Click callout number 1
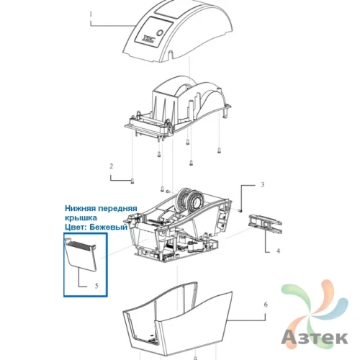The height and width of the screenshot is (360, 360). point(91,14)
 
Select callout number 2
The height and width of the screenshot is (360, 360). point(111,166)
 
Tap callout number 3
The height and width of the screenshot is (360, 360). point(263,184)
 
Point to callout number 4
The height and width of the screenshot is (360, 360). point(278,251)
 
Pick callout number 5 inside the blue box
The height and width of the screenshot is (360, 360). point(96,286)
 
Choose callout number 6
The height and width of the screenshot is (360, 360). point(266,305)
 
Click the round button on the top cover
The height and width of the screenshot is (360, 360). point(161,33)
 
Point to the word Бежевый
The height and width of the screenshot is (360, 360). point(109,227)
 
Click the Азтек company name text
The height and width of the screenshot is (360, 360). point(315,337)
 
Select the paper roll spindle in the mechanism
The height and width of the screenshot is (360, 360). point(191,199)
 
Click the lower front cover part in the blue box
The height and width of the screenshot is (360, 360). point(81,254)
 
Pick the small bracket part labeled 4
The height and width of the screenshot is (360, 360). point(265,224)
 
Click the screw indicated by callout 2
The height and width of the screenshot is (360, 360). point(132,181)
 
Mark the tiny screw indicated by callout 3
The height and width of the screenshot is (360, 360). point(240,210)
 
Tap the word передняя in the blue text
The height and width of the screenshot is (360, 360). point(117,209)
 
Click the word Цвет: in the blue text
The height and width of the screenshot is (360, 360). point(76,227)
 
